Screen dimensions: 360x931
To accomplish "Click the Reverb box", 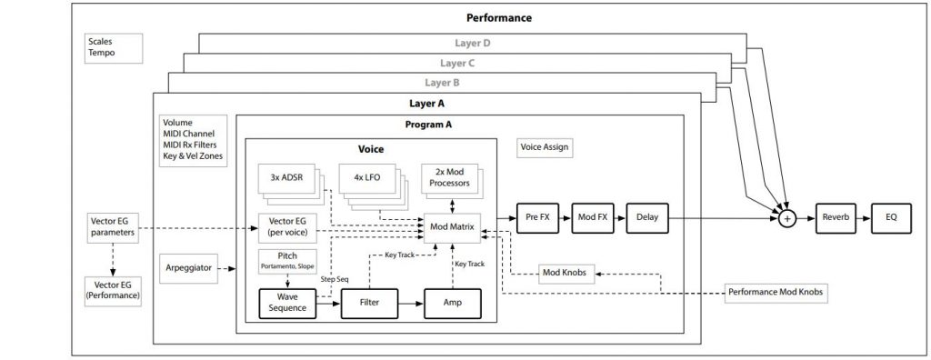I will (835, 218).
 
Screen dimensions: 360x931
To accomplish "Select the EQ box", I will (891, 218).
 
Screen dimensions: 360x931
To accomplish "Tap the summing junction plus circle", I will (787, 218).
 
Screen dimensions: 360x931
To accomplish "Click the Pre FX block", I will (537, 218).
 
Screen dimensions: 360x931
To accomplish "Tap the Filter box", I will (369, 304).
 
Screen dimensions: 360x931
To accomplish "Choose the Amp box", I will (453, 304).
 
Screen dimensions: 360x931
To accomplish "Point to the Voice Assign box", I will (546, 145).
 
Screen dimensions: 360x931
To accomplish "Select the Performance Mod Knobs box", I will (778, 293).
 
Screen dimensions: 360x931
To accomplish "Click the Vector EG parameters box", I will (113, 226).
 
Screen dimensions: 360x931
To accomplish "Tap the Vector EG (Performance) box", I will (113, 290).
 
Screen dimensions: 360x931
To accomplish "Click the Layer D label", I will (472, 43).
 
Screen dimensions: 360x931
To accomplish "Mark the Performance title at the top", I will (498, 17).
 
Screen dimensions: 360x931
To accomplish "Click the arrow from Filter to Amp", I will (411, 304).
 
